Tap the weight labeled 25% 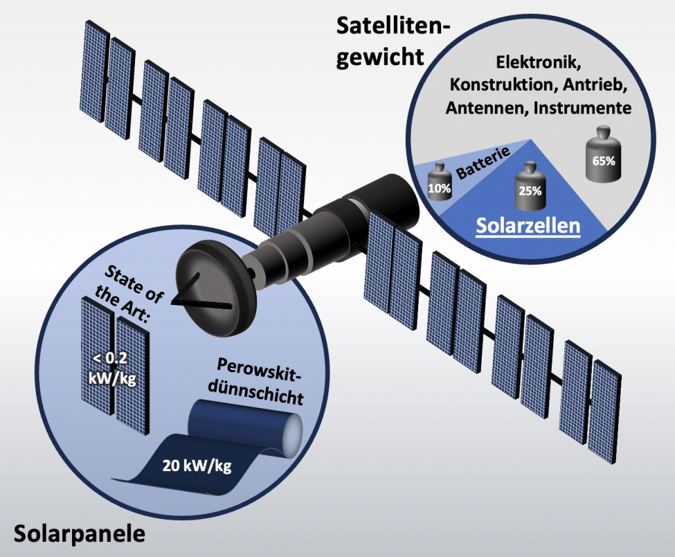[x=530, y=187]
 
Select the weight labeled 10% [x=439, y=185]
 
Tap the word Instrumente [x=583, y=108]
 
